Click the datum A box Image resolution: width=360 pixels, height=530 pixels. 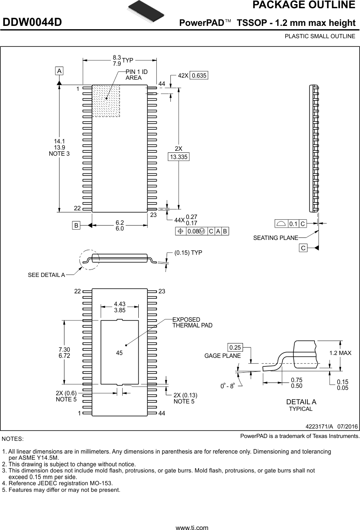tap(60, 71)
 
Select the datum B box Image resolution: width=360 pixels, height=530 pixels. tap(76, 225)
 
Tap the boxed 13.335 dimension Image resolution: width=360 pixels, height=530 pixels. tap(179, 157)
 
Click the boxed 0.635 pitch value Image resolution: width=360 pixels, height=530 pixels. tap(199, 75)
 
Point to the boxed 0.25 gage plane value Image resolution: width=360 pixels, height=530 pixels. tap(235, 348)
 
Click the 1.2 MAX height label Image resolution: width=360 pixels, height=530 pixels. tap(340, 353)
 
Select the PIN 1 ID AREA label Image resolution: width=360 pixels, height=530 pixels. tap(136, 75)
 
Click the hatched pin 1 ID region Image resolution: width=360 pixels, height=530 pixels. tap(106, 101)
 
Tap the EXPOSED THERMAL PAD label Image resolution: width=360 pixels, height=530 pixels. tap(192, 323)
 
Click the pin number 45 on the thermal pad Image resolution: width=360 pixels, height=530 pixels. tap(119, 353)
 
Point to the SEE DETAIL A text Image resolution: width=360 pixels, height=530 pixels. tap(46, 275)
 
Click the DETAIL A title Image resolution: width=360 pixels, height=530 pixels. tap(301, 402)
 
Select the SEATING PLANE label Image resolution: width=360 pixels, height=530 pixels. tap(275, 238)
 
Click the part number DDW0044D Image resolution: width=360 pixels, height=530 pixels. tap(32, 23)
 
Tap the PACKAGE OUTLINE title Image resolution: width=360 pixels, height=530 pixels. tap(303, 5)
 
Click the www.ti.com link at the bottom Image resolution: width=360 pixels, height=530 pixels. tap(192, 528)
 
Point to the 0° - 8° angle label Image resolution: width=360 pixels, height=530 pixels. tap(227, 386)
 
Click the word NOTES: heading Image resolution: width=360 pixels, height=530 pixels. tap(13, 439)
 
